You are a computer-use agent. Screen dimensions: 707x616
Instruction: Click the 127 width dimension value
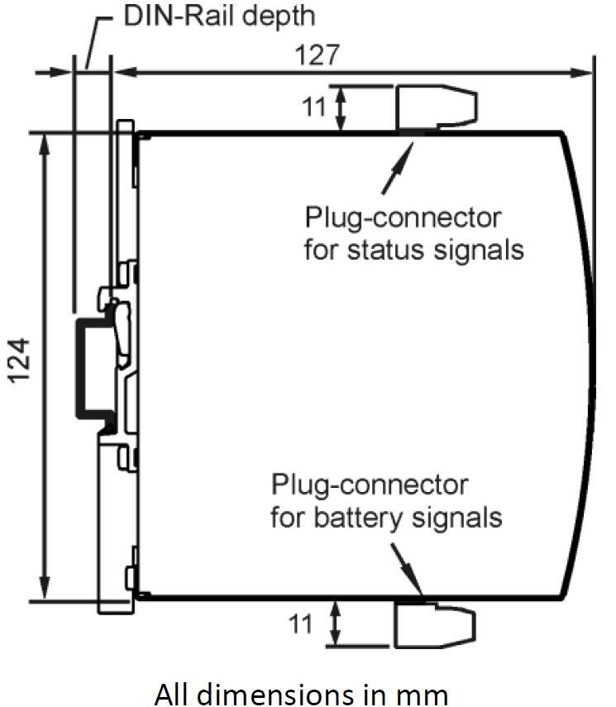317,55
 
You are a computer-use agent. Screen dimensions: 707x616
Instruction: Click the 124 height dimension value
21,360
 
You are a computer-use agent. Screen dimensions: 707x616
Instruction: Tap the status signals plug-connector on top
435,108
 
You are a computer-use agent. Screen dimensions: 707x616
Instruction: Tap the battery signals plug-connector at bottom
433,625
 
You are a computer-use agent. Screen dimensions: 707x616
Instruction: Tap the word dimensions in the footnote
290,690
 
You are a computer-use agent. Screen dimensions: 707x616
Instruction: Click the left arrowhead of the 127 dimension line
124,73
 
